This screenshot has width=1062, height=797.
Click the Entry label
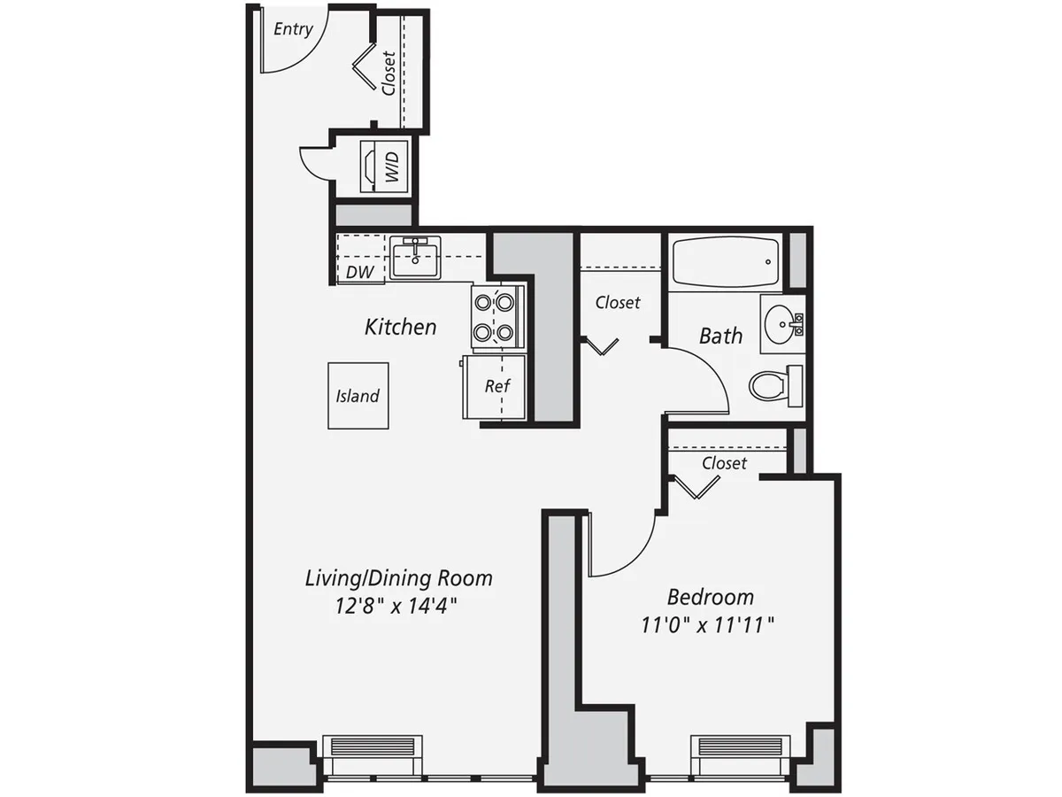click(x=293, y=29)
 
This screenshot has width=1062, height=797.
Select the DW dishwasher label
click(x=358, y=273)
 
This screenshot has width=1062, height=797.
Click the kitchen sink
click(x=415, y=259)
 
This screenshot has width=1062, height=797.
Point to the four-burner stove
click(x=495, y=317)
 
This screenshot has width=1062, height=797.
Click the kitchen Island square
click(x=358, y=396)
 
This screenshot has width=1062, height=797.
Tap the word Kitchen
click(x=400, y=327)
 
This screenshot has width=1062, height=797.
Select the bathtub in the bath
click(x=723, y=261)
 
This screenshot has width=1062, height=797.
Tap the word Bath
click(x=720, y=336)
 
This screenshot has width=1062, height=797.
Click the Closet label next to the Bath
click(x=618, y=303)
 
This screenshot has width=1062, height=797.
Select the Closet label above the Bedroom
click(x=724, y=463)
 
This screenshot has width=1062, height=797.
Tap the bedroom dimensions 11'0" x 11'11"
click(x=708, y=625)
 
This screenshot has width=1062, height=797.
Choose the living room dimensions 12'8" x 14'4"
click(x=398, y=607)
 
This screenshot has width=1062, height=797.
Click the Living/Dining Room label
click(x=398, y=579)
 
